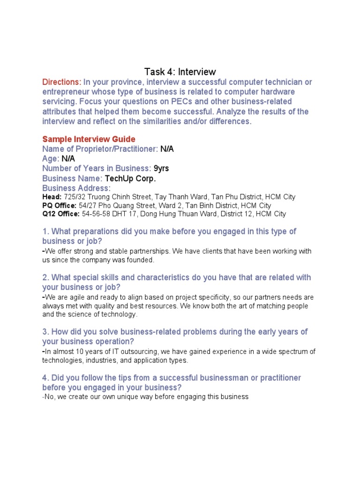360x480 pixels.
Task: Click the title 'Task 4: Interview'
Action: click(x=180, y=72)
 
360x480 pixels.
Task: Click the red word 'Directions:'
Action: click(x=62, y=82)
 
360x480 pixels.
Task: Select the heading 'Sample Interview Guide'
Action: click(x=89, y=139)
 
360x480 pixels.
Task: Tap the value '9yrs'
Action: click(x=161, y=168)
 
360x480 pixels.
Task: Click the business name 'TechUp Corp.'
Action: click(x=130, y=178)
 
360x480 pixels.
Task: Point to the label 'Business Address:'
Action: click(x=76, y=188)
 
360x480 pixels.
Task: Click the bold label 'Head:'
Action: click(x=52, y=197)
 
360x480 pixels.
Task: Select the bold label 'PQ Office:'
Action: click(x=60, y=205)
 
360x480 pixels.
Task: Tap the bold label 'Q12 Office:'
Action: click(x=61, y=214)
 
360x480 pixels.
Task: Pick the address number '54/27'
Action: click(x=90, y=205)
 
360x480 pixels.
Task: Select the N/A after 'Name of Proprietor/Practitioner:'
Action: click(x=167, y=149)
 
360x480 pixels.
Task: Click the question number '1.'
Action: click(x=45, y=232)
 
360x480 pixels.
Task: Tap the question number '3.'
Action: click(x=45, y=332)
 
